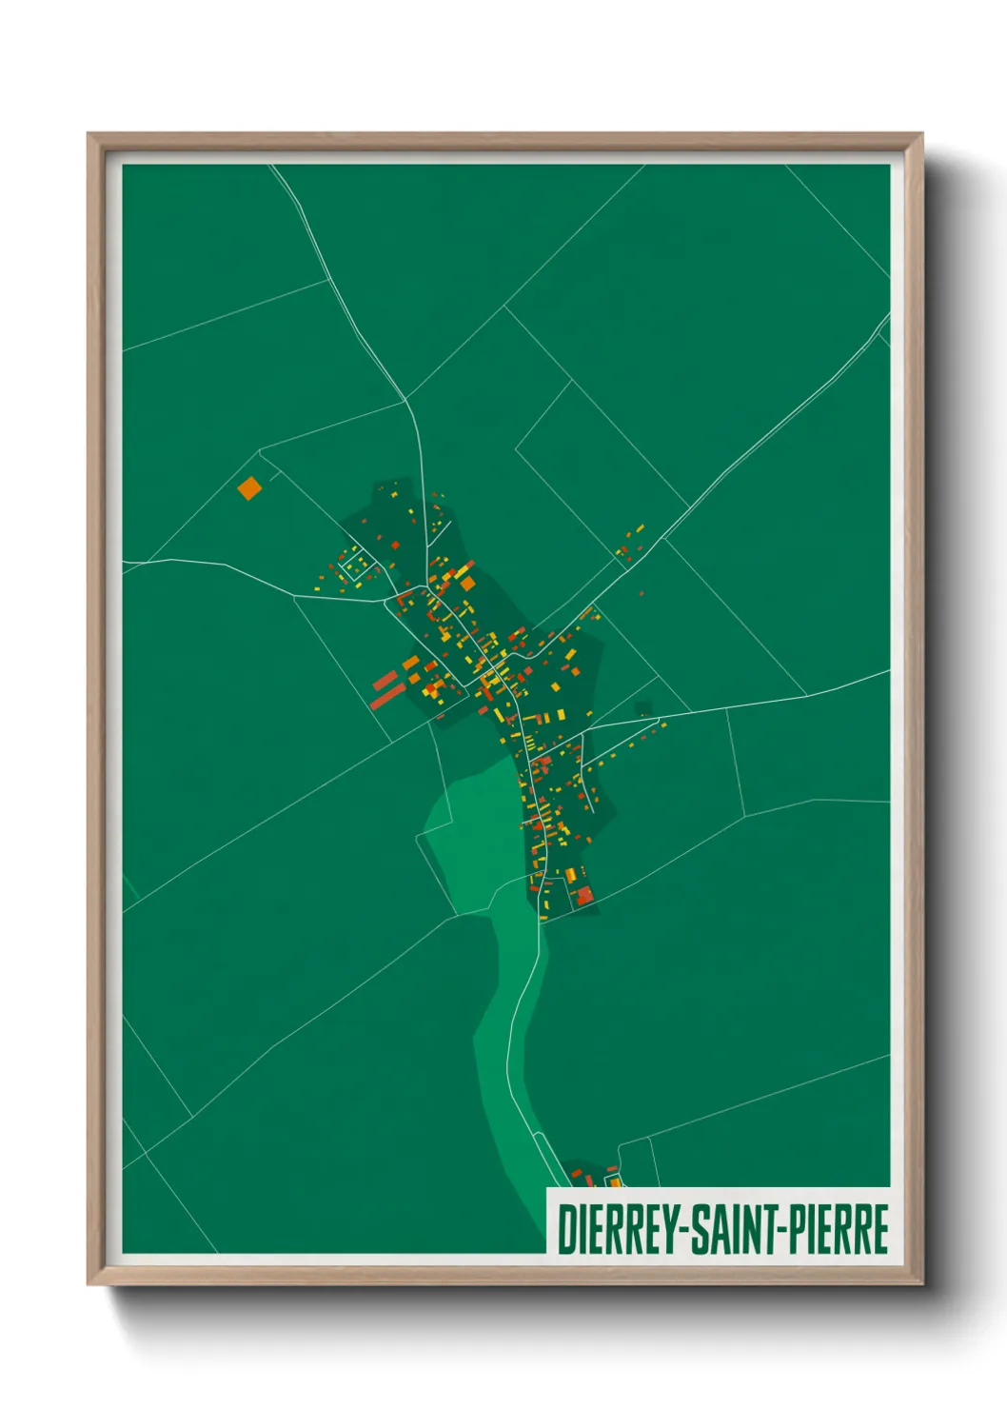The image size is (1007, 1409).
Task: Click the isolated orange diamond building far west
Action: coord(248,488)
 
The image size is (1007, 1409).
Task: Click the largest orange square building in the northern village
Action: coord(467,583)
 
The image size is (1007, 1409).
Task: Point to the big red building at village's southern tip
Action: coord(583,895)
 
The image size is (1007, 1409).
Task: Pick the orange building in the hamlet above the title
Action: coord(615,1181)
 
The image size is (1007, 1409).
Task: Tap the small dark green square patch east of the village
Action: coord(643,708)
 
